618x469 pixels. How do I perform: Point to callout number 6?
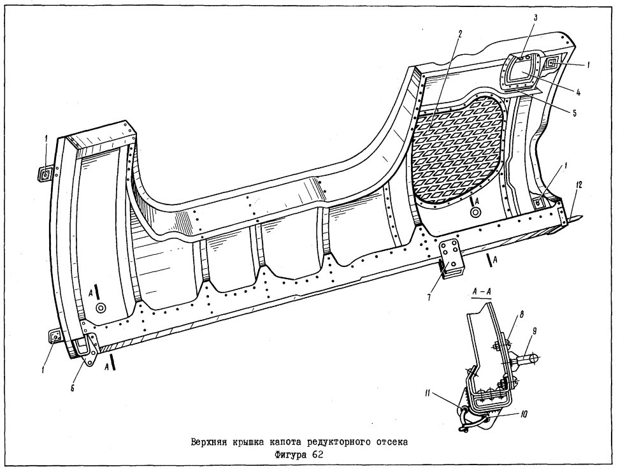coord(73,387)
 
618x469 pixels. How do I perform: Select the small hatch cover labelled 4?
coord(520,71)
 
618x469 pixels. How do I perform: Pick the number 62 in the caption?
coord(318,455)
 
